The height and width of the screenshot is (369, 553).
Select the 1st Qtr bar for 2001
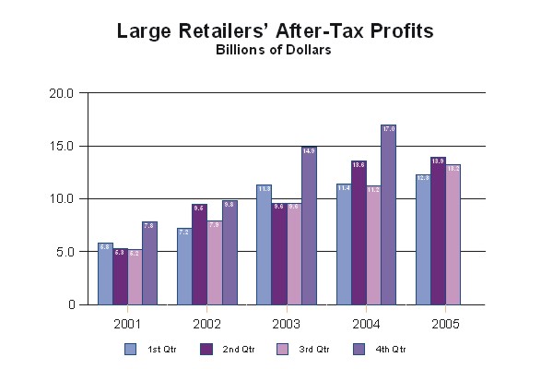click(x=105, y=274)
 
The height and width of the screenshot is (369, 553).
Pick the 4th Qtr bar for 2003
click(x=309, y=226)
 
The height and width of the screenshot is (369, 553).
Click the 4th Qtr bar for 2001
click(x=149, y=264)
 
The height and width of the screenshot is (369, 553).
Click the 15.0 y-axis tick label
click(x=62, y=146)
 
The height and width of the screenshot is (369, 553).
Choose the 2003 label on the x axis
click(x=286, y=324)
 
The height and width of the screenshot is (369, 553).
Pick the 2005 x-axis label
click(x=444, y=324)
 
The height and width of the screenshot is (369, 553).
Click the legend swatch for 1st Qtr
click(x=130, y=349)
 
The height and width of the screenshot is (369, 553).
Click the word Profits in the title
click(x=395, y=31)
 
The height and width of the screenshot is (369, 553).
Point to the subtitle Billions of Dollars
click(x=274, y=50)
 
